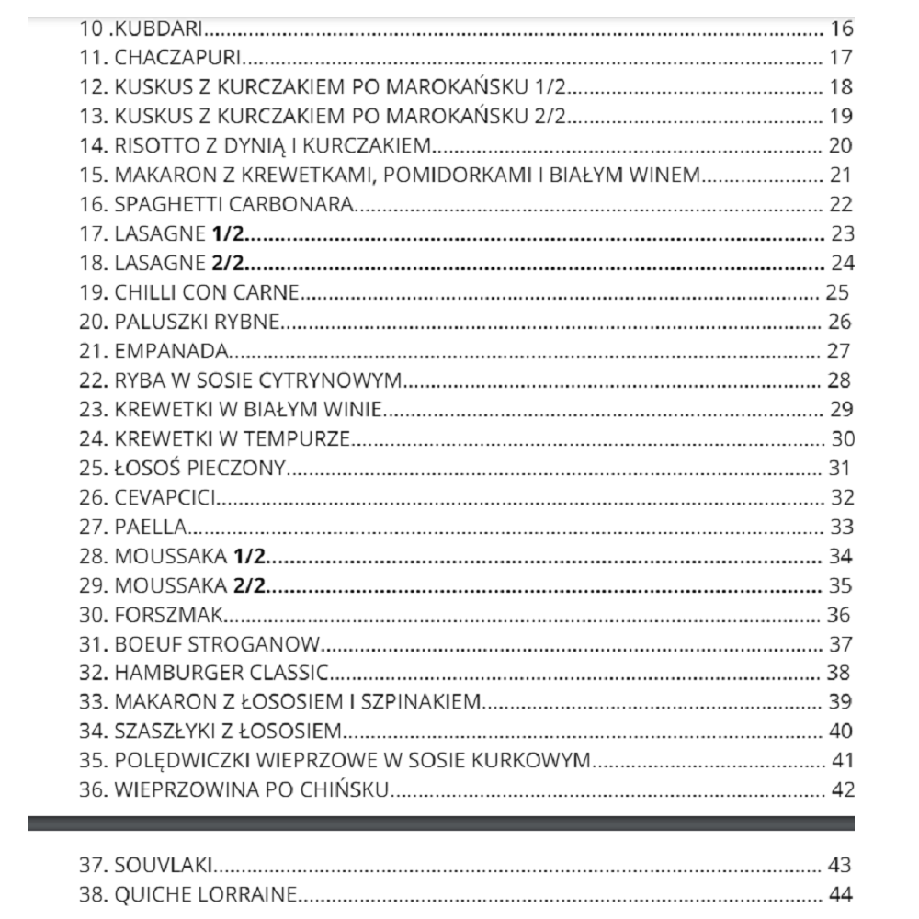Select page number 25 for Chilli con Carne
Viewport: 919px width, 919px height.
click(834, 293)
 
